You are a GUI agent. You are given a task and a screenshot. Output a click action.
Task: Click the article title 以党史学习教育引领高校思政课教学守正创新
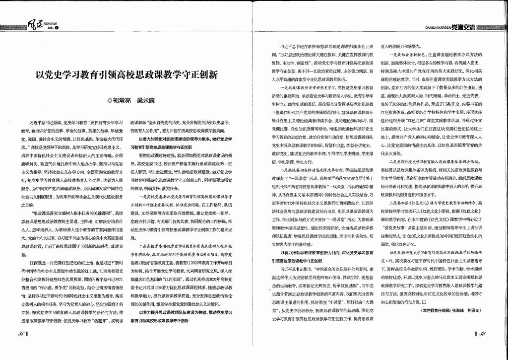(127, 75)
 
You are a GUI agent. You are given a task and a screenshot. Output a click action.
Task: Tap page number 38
(22, 333)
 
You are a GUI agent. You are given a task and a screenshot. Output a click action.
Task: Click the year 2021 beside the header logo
(50, 27)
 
